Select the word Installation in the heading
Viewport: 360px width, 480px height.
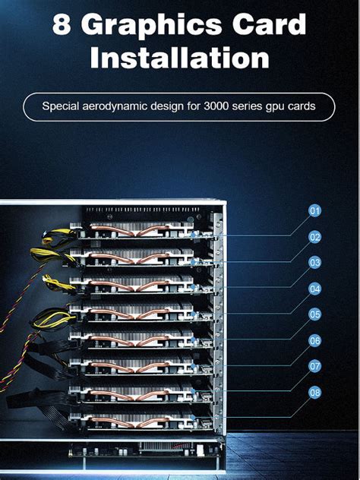(179, 58)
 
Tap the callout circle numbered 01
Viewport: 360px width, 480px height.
(315, 210)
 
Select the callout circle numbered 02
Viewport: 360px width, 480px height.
(315, 236)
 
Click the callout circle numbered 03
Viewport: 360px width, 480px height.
(315, 263)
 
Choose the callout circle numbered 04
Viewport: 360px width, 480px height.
(315, 289)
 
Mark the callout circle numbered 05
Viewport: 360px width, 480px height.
(315, 314)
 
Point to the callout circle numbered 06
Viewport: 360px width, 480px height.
(315, 340)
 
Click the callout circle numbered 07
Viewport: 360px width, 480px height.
(315, 366)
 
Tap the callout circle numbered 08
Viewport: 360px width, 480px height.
(315, 392)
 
